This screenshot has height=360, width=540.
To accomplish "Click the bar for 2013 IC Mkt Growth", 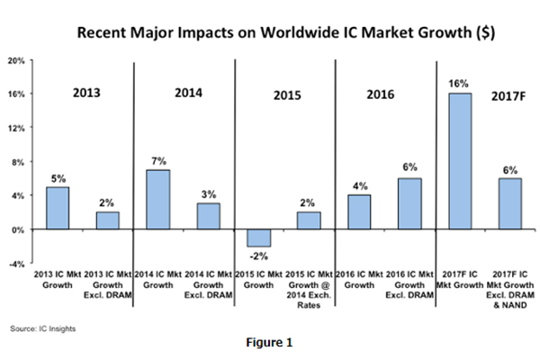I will click(57, 208).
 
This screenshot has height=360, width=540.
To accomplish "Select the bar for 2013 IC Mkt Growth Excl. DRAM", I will click(107, 220).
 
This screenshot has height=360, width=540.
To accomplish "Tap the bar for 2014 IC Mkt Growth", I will click(158, 199).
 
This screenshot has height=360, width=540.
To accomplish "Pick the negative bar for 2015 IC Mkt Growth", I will click(259, 238).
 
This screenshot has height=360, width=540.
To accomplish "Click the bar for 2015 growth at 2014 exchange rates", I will click(310, 220).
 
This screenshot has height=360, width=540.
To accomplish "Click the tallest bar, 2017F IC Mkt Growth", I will click(461, 161).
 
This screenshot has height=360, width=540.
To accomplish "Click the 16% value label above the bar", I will click(460, 84).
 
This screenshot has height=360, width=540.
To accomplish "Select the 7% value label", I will click(158, 160).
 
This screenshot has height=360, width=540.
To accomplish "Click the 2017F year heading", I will click(508, 94).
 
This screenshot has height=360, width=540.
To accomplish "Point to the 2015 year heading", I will click(287, 94).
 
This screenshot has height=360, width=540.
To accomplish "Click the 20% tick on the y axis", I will click(15, 60).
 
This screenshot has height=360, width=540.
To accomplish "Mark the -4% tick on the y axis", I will click(15, 264).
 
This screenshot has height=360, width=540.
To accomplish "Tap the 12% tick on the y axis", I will click(15, 128).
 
